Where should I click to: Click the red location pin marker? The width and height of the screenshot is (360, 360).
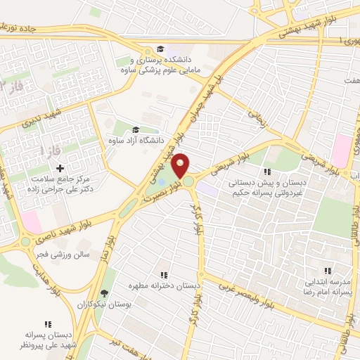click(181, 165)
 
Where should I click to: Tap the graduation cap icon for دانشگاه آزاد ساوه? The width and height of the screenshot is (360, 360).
click(135, 129)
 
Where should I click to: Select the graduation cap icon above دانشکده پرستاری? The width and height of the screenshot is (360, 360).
click(161, 49)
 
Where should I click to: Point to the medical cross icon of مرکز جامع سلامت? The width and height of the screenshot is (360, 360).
click(60, 168)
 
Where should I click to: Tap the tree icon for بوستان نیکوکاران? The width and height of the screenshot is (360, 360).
click(105, 293)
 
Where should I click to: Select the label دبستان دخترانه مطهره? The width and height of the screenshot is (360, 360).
click(164, 287)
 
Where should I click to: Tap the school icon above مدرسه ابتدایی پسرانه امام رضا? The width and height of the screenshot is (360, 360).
click(326, 270)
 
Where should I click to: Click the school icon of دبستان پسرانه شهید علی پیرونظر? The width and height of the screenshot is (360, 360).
click(48, 324)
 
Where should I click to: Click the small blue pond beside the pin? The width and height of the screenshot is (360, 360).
click(163, 184)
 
